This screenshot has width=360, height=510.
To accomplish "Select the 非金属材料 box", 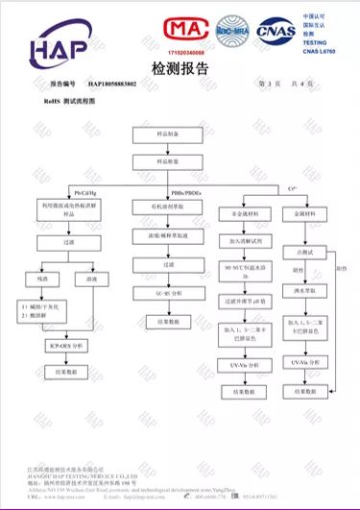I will pos(240,215).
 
